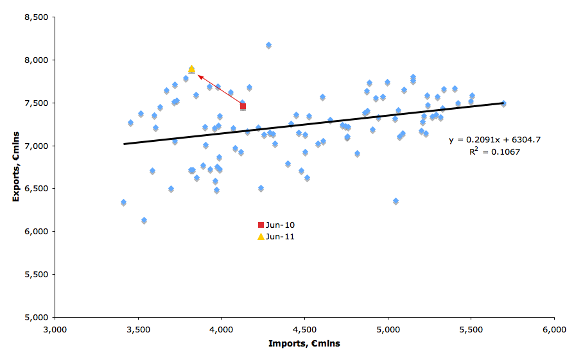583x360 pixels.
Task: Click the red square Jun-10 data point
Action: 243,107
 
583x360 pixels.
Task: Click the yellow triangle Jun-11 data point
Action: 191,69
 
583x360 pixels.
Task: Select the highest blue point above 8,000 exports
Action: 268,45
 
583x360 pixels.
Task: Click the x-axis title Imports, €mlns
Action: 304,343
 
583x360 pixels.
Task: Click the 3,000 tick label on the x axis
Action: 55,329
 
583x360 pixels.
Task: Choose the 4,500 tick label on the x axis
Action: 304,329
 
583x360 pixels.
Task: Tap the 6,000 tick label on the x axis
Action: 554,329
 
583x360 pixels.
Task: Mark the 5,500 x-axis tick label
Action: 471,329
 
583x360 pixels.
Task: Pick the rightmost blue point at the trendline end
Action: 503,103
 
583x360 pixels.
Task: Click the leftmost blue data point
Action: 123,203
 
